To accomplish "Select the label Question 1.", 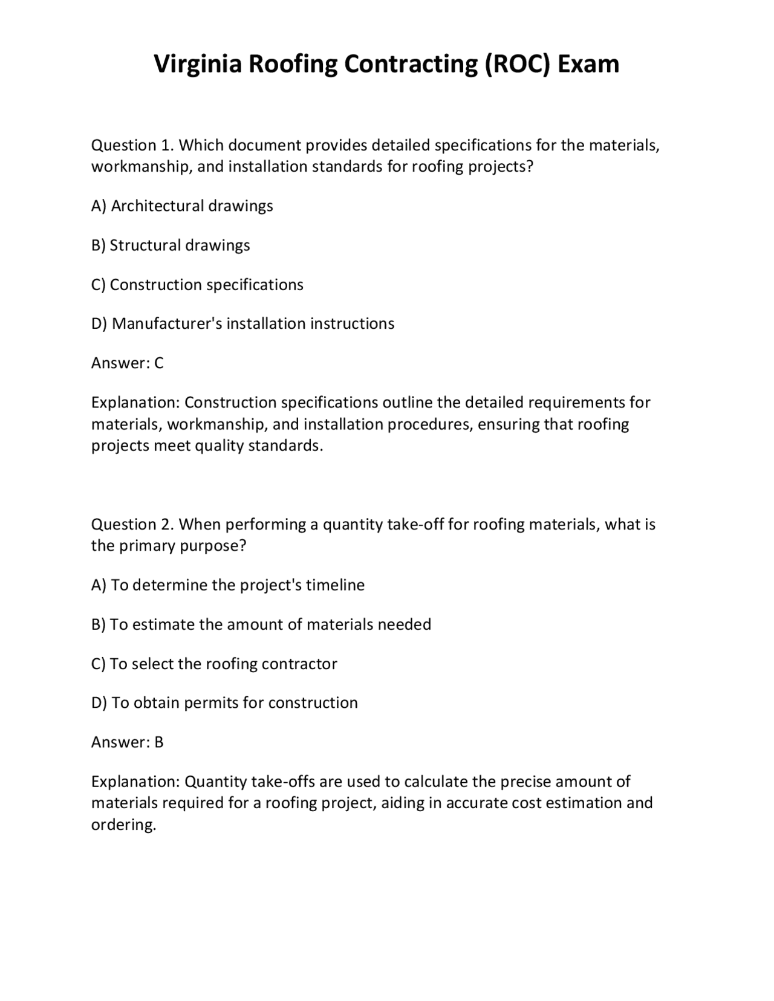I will (132, 146).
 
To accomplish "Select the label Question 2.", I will (132, 525).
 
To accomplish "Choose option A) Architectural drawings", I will (182, 206).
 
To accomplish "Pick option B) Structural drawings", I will (171, 245).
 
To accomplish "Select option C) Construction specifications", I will (197, 285).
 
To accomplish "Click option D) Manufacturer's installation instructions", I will (242, 324).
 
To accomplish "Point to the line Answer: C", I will (127, 363).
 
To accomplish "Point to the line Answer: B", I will (127, 742).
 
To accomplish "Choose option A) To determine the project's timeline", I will (228, 585).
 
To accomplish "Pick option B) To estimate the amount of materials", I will (261, 624).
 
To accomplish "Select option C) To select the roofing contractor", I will (214, 664).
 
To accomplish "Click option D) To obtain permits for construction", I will (224, 703).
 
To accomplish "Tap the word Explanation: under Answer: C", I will (135, 403).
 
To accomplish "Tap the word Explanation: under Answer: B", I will (135, 782).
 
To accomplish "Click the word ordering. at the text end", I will (123, 825).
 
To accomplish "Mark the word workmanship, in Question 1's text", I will (141, 167).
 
